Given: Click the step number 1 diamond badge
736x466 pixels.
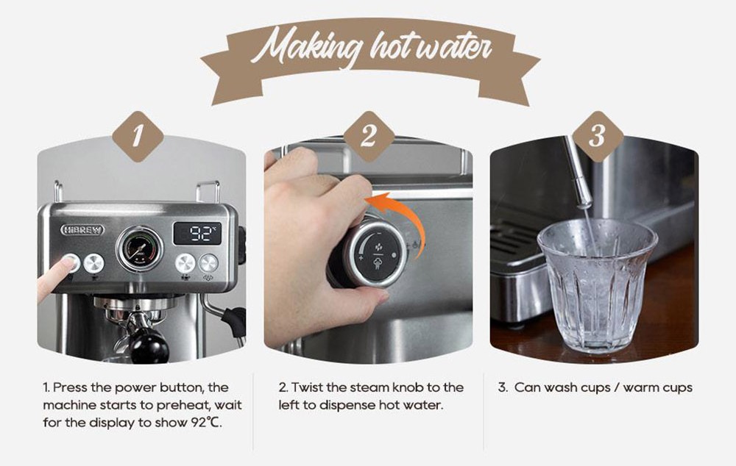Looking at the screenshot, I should point(138,136).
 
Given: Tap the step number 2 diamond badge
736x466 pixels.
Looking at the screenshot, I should point(369,136).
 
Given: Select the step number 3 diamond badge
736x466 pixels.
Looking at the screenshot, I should point(598,136).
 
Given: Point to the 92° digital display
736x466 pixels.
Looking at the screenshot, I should point(197,234).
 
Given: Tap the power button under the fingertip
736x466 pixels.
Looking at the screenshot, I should point(71,262).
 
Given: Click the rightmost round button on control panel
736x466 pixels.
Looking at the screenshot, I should point(209,262).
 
